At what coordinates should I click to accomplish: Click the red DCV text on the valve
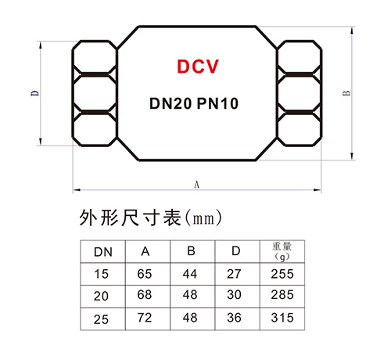point(198,67)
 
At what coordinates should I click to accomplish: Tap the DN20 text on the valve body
point(170,103)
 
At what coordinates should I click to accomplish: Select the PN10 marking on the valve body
point(217,103)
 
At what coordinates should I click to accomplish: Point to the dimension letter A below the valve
point(196,185)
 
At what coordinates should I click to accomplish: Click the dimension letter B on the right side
point(346,93)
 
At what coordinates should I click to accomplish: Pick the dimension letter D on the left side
point(35,93)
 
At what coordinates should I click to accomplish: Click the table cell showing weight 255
point(282,274)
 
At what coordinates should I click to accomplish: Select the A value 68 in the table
point(145,294)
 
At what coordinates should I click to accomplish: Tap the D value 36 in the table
point(234,318)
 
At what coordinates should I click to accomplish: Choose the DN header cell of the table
point(103,252)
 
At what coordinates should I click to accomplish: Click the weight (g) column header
point(282,251)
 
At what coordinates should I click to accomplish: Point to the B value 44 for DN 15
point(190,274)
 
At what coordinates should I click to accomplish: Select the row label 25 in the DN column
point(101,319)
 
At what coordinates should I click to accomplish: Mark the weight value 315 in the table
point(282,318)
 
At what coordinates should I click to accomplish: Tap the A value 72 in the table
point(145,318)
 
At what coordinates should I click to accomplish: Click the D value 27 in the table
point(234,274)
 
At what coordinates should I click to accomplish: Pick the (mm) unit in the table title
point(203,218)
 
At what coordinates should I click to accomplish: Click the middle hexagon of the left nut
point(95,93)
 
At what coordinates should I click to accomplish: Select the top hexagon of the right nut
point(300,57)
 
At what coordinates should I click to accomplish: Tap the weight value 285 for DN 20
point(282,294)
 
